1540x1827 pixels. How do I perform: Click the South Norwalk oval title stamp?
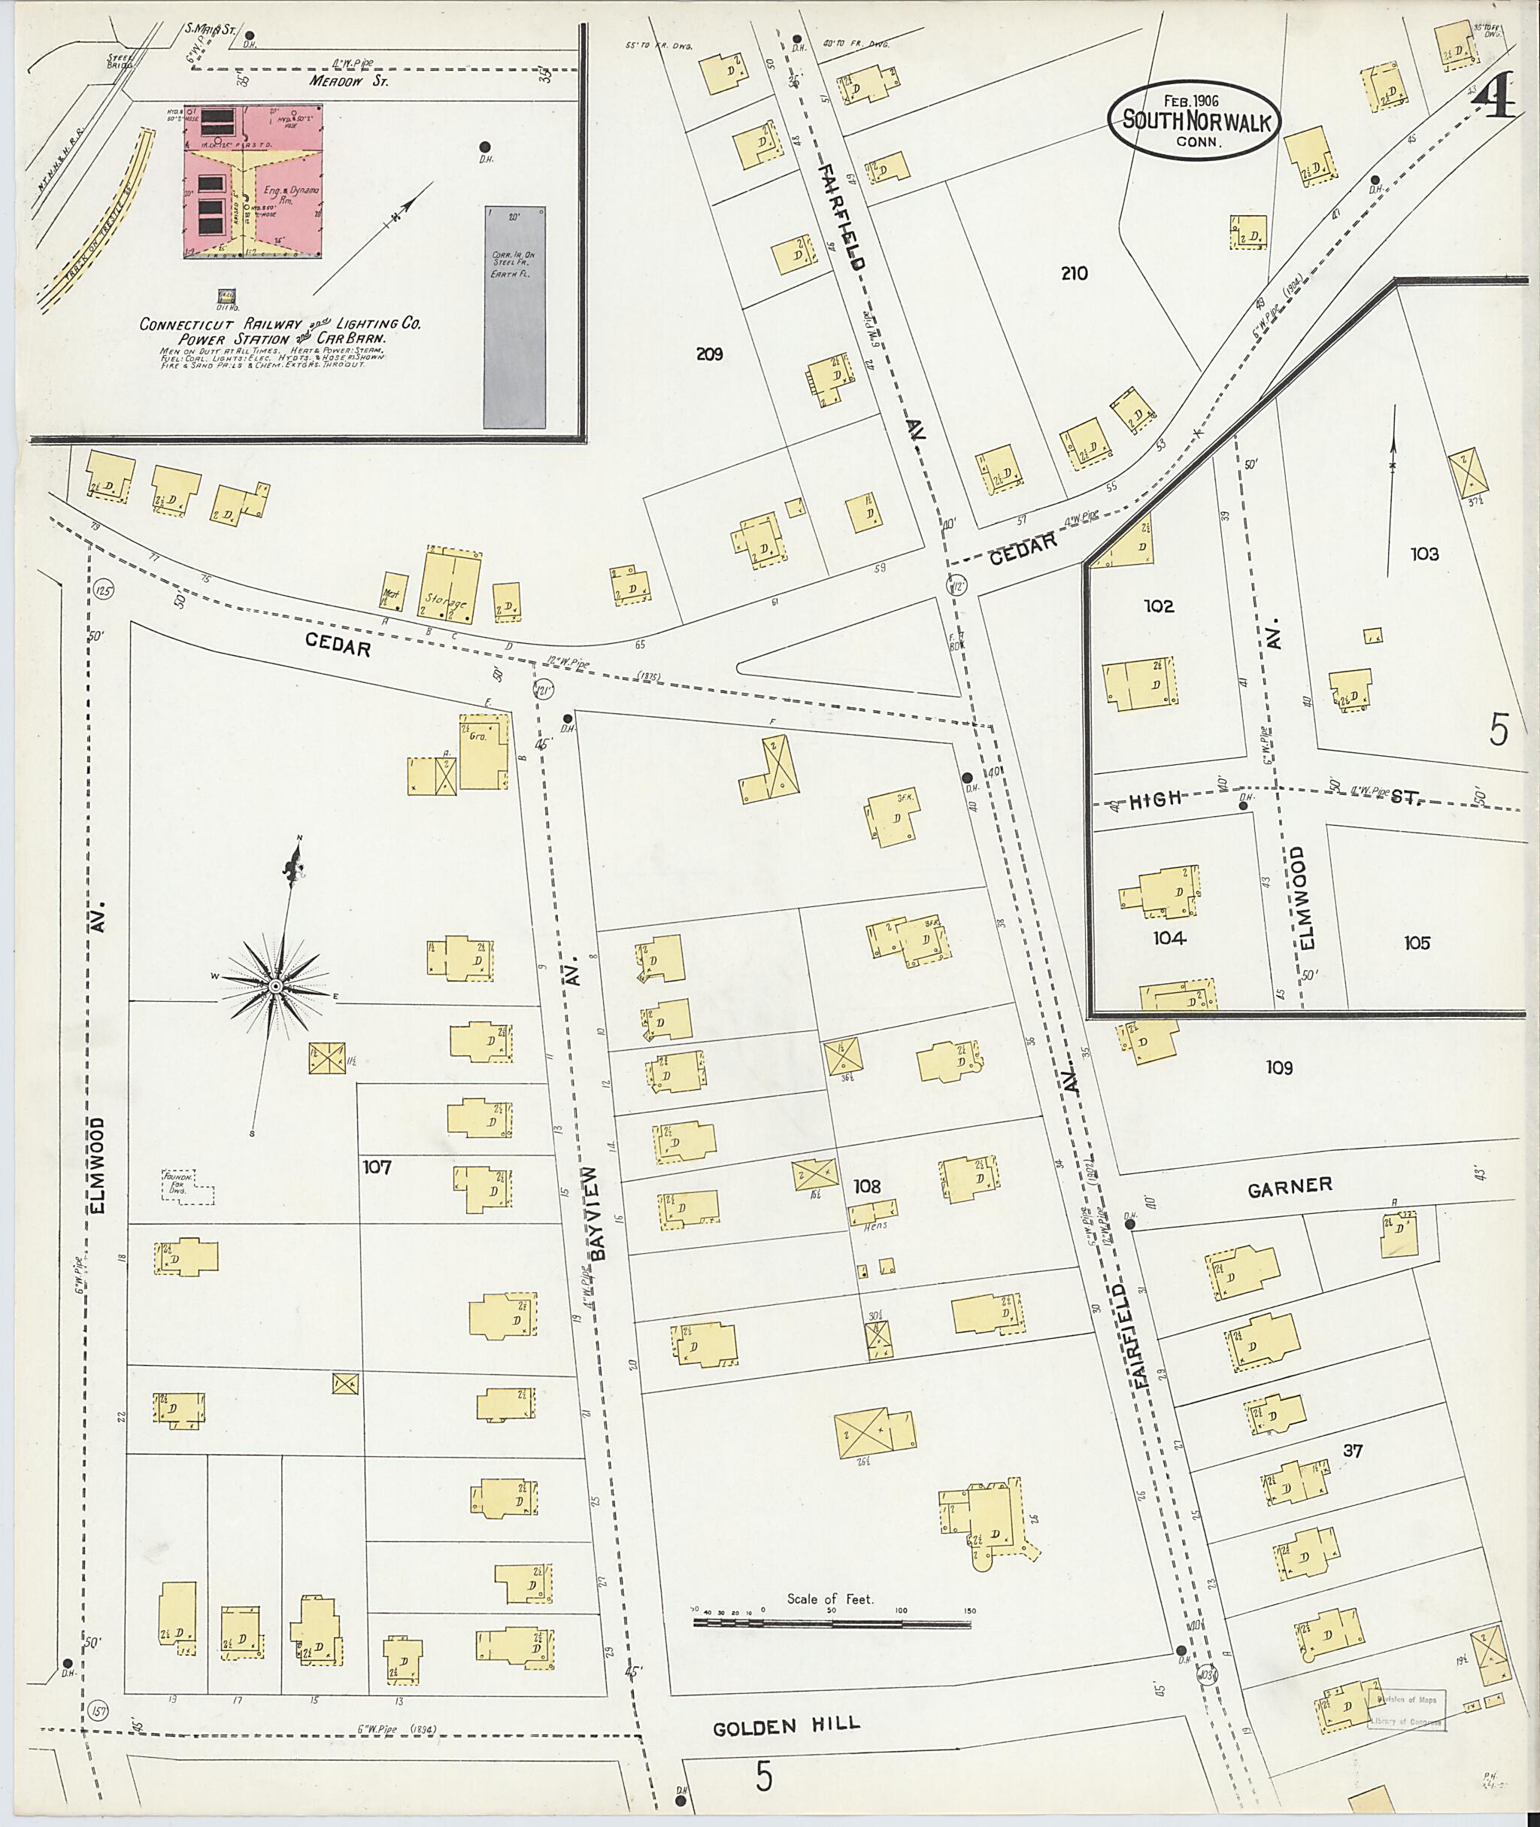[1193, 120]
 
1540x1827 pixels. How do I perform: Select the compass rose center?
[274, 986]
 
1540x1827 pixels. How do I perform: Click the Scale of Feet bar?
[832, 1625]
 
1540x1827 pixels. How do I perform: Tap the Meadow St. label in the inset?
[348, 81]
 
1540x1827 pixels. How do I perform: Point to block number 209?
[709, 354]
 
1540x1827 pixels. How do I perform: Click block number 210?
[1074, 273]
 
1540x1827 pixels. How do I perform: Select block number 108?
[866, 1186]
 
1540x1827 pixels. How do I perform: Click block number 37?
[1352, 1451]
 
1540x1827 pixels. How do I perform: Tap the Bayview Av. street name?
[597, 1214]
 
